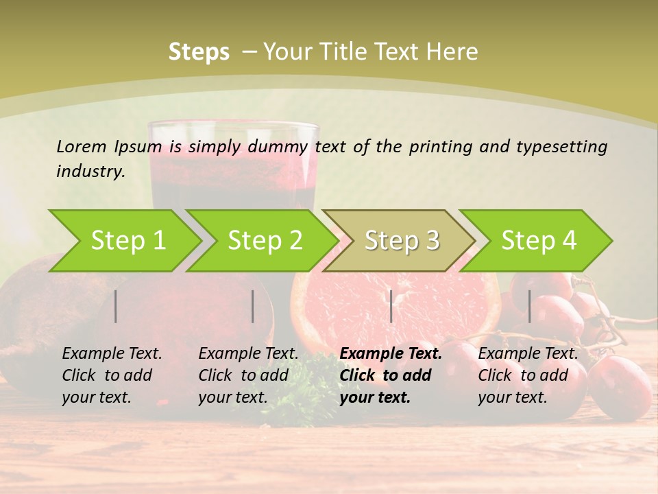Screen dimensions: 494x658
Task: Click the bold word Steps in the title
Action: tap(199, 52)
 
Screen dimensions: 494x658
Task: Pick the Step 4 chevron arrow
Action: tap(537, 241)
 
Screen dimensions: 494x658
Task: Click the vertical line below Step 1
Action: tap(116, 306)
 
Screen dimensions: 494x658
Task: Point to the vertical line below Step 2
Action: tap(253, 306)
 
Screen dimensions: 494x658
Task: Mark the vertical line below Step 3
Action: tap(391, 306)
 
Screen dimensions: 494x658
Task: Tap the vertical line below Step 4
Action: tap(529, 306)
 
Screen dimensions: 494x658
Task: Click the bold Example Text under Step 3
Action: tap(391, 354)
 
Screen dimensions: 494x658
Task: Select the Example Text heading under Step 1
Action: tap(112, 354)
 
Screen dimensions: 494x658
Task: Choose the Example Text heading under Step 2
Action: tap(248, 354)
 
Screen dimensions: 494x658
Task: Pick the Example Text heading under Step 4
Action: tap(528, 354)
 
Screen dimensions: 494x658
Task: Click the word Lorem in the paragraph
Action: tap(82, 146)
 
